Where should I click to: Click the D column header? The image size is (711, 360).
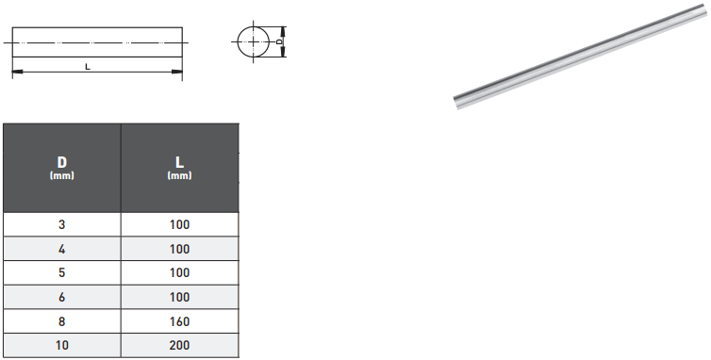pyautogui.click(x=62, y=168)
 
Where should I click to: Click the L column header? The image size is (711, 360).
pyautogui.click(x=179, y=168)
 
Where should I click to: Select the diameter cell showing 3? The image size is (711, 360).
pyautogui.click(x=62, y=224)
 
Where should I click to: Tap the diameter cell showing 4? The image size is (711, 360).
pyautogui.click(x=62, y=249)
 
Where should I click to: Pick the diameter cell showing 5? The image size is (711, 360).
pyautogui.click(x=62, y=272)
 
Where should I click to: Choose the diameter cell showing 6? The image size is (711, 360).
pyautogui.click(x=62, y=297)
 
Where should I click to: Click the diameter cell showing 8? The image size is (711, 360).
pyautogui.click(x=62, y=321)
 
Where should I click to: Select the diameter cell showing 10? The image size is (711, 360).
pyautogui.click(x=62, y=345)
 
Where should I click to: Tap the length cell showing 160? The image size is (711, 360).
pyautogui.click(x=179, y=321)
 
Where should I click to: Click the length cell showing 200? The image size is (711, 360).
pyautogui.click(x=179, y=345)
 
